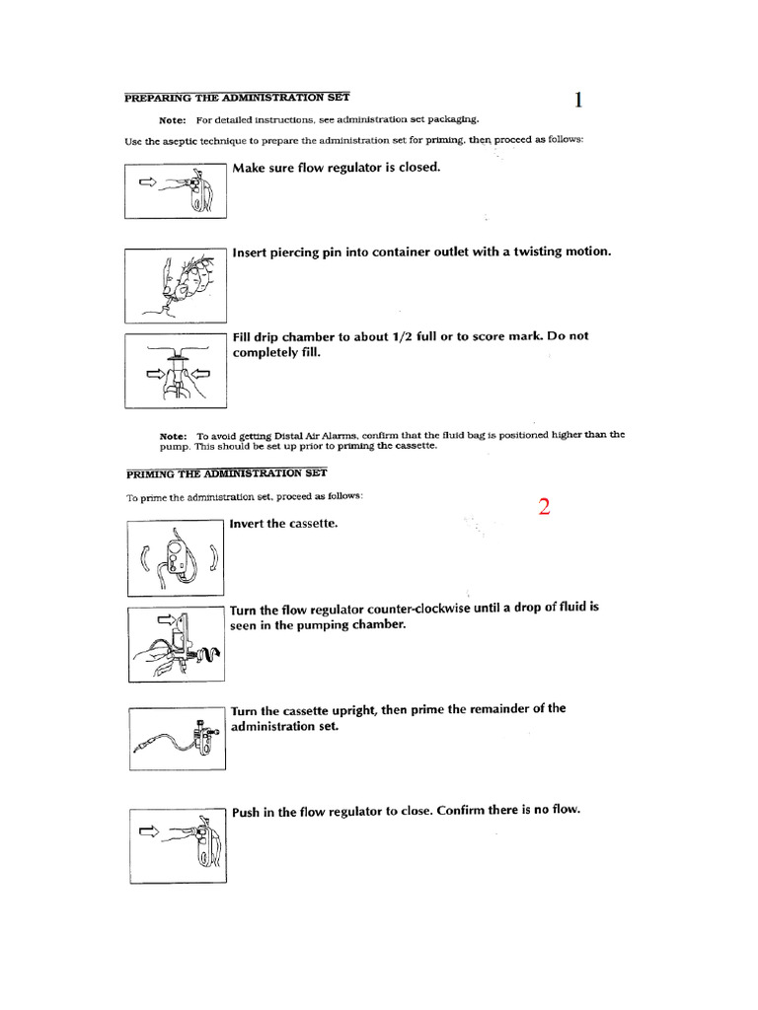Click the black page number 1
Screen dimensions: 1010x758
pyautogui.click(x=578, y=100)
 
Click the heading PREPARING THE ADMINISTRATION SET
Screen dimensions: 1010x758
pyautogui.click(x=236, y=97)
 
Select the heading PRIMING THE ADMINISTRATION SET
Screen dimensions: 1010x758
pyautogui.click(x=228, y=472)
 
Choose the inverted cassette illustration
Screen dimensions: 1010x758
pyautogui.click(x=177, y=558)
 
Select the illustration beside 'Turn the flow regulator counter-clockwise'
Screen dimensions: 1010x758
pyautogui.click(x=177, y=644)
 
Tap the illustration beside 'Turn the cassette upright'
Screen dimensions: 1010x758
pyautogui.click(x=177, y=740)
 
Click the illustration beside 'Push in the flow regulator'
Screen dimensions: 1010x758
pyautogui.click(x=177, y=844)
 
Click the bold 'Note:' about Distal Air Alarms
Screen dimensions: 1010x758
pyautogui.click(x=174, y=435)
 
